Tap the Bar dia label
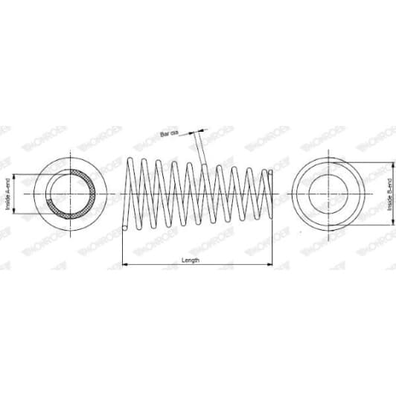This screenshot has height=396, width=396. tap(170, 135)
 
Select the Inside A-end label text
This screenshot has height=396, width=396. tap(8, 195)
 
